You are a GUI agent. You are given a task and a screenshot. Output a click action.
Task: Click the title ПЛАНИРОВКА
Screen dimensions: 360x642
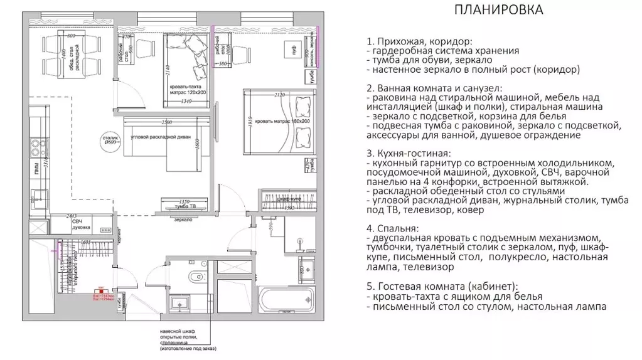pos(498,11)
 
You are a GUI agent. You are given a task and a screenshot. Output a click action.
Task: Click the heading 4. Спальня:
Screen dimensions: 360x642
pos(393,228)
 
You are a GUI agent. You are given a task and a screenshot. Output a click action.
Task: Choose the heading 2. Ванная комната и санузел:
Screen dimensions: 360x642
pos(436,88)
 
